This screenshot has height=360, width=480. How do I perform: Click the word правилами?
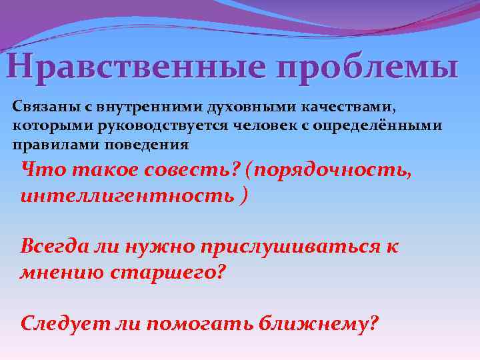[x=43, y=144]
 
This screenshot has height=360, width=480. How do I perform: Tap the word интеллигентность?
[x=126, y=197]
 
